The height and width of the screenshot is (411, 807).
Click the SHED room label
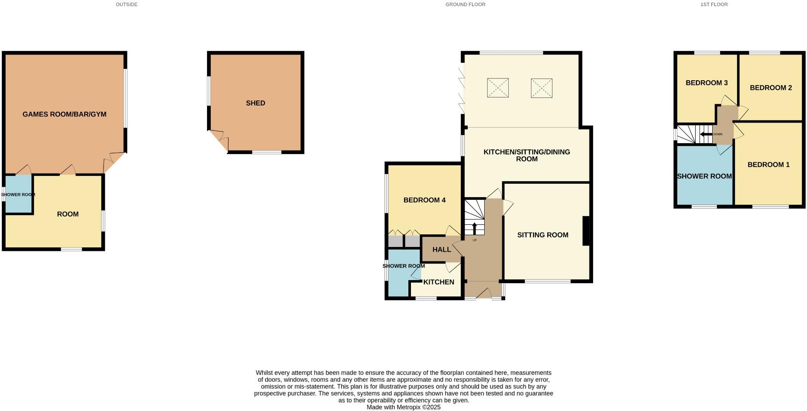pos(255,103)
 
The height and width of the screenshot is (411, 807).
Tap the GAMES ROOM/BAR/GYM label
pos(64,114)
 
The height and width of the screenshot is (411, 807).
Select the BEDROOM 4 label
pos(424,200)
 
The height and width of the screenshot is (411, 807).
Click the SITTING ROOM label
pos(542,235)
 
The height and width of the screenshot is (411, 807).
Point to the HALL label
pos(441,250)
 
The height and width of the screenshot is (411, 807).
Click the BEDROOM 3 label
pos(706,83)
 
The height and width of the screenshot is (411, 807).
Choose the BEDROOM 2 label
pos(770,88)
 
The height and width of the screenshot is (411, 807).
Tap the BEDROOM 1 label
pos(768,165)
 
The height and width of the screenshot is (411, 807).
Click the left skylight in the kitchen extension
pos(498,88)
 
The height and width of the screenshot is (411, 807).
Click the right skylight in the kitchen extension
pos(541,88)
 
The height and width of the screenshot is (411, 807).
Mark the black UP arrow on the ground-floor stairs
pos(475,229)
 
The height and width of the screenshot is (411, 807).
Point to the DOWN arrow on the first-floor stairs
pos(706,134)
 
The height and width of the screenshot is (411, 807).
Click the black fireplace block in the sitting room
pos(586,231)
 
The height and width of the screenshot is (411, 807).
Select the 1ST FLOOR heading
pos(714,4)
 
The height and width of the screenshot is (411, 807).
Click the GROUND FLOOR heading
pos(465,4)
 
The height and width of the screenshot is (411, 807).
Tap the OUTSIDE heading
pos(127,4)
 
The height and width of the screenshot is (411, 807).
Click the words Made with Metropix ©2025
pos(403,407)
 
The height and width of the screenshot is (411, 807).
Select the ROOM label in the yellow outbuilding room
pos(68,214)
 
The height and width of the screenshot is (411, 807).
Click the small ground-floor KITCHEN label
pos(438,282)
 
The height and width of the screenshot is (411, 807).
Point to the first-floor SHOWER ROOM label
pos(704,176)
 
